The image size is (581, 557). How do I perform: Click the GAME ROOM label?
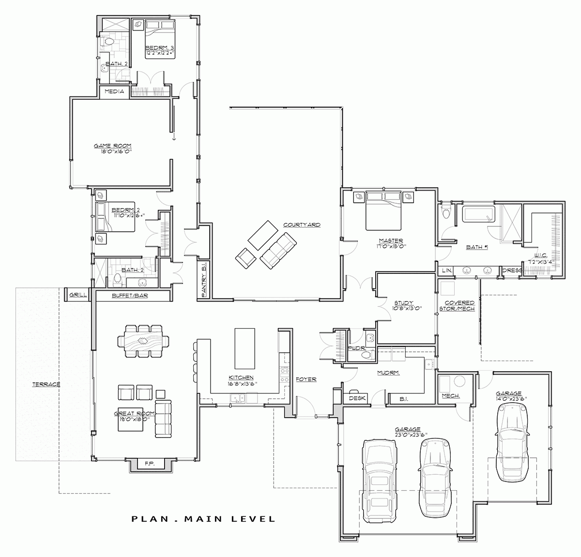pos(113,146)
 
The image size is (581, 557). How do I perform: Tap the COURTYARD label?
pos(302,225)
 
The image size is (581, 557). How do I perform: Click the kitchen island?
pos(245,348)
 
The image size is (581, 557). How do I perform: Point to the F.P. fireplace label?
pos(149,464)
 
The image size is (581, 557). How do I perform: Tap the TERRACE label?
pos(46,385)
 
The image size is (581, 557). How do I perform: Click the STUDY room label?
pos(403,303)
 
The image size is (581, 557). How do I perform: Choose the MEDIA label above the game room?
pos(114,91)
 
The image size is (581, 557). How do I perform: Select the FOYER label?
pos(306,379)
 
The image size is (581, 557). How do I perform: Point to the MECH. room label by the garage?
pos(451,396)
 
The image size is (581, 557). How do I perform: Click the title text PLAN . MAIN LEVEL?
pos(203,519)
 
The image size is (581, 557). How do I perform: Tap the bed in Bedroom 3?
pos(160,39)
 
